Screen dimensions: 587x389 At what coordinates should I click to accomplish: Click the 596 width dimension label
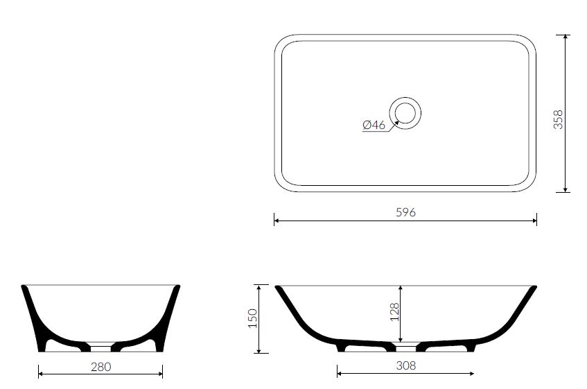click(406, 212)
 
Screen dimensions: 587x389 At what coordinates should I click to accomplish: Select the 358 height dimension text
click(558, 119)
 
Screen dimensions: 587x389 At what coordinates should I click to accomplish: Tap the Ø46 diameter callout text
click(374, 125)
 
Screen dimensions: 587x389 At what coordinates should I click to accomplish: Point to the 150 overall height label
click(253, 318)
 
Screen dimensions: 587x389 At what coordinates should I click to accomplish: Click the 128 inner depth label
click(394, 312)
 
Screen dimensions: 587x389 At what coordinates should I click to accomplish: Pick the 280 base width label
click(100, 367)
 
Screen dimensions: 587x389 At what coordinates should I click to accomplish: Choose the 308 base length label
click(406, 365)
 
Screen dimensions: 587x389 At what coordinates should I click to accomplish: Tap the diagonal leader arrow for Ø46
click(393, 126)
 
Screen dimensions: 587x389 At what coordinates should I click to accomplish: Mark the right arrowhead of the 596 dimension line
click(534, 221)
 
